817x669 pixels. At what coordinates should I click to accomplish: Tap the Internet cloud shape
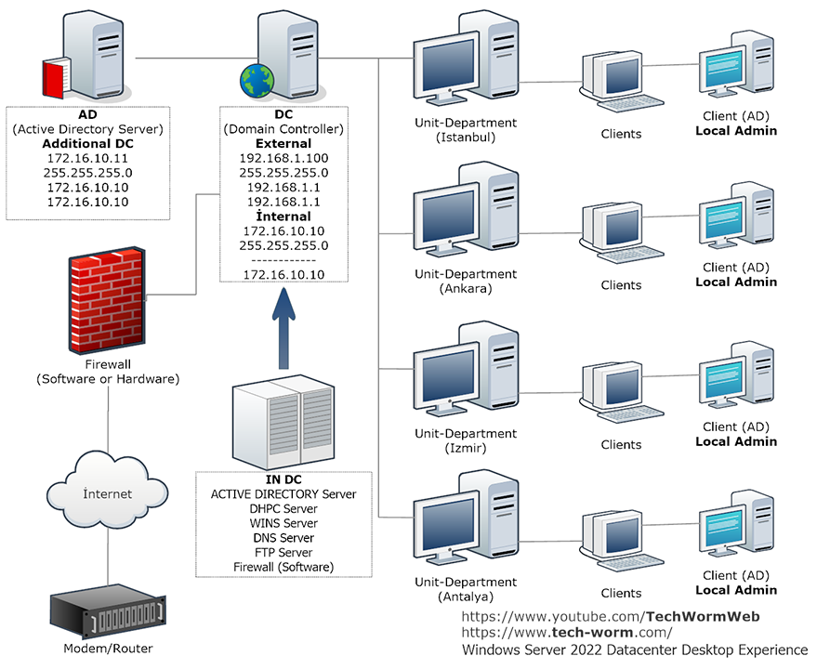(107, 492)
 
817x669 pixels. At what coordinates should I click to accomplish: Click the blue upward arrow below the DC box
(283, 331)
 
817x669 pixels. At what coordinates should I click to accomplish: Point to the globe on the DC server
(255, 82)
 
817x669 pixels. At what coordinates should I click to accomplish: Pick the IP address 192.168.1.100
(283, 158)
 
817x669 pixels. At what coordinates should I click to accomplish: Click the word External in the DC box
(283, 144)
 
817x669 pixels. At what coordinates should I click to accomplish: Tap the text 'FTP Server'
(283, 552)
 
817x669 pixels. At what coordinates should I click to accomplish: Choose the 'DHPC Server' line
(283, 508)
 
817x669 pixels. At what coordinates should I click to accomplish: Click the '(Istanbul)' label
(465, 137)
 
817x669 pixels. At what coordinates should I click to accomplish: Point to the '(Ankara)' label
(465, 288)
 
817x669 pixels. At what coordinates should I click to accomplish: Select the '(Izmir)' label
(465, 448)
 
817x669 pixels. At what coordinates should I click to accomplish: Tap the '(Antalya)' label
(465, 597)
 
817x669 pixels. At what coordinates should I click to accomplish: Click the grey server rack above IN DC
(283, 423)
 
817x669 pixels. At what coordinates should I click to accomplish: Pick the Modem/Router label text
(108, 649)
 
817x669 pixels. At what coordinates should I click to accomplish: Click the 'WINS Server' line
(283, 523)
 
